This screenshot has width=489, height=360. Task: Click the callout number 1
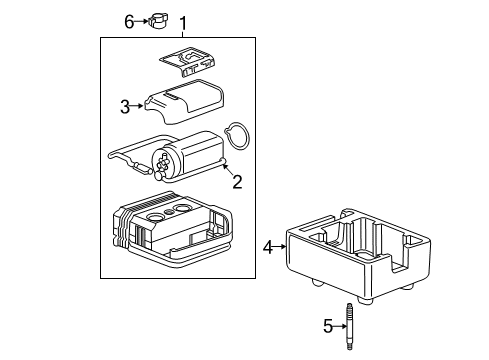point(182,22)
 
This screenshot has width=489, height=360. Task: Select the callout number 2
point(237,181)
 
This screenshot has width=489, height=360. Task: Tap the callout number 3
point(125,107)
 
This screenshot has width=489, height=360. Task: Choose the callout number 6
point(129,21)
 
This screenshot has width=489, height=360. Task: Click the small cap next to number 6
point(158,21)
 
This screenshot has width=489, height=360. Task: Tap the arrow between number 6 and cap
point(142,21)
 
